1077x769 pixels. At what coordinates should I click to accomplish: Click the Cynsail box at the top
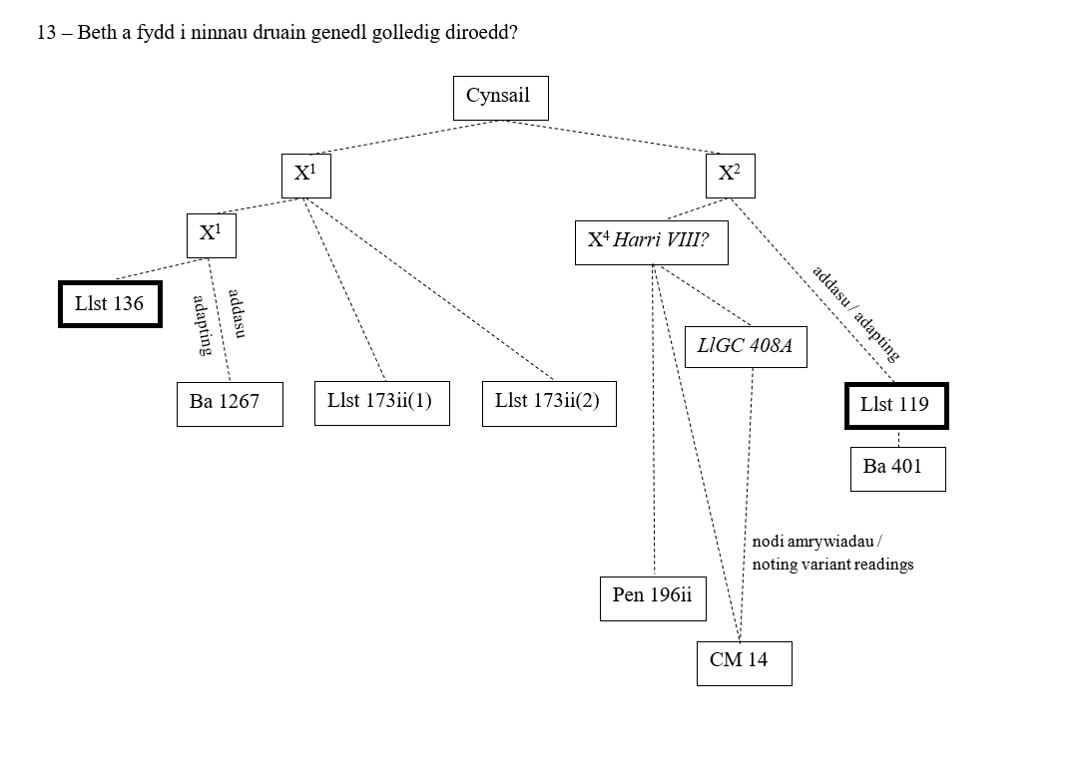500,98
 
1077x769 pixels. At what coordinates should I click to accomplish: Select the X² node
730,176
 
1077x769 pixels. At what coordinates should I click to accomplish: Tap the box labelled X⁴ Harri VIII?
651,242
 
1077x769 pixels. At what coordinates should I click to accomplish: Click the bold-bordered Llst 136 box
110,304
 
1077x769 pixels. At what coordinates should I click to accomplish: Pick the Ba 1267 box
229,404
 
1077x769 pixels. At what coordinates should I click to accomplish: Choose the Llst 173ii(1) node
381,403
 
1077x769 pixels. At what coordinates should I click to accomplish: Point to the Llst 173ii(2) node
548,403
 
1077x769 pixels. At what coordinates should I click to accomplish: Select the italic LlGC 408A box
745,346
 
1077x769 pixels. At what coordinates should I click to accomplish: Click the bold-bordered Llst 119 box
895,405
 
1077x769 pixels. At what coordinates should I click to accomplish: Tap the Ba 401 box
897,469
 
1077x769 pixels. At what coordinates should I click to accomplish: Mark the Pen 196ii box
653,597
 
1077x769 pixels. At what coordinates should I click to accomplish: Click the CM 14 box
744,662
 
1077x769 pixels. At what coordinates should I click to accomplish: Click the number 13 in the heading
46,33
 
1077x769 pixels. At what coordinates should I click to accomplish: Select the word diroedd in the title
483,33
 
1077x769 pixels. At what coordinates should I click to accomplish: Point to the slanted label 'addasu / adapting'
855,312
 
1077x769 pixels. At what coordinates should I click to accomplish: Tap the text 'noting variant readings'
832,565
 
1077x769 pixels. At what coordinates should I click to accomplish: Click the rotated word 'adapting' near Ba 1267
202,325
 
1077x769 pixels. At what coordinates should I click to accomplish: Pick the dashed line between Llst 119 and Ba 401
898,439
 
